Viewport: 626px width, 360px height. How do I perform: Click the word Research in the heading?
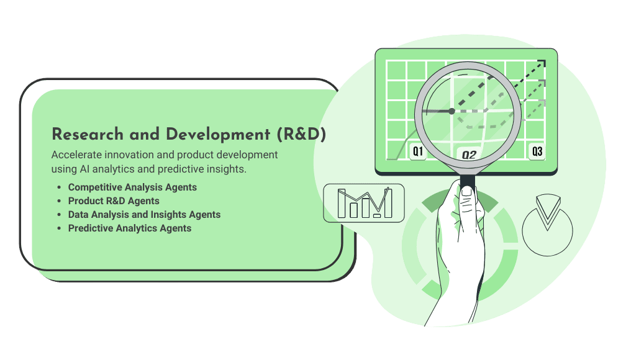coord(88,135)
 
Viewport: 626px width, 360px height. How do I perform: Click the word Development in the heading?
coord(218,135)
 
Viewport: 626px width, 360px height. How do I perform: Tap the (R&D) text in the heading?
coord(301,135)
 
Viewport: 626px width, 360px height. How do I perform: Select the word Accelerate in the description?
coord(76,155)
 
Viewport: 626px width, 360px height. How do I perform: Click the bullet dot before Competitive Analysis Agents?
coord(59,187)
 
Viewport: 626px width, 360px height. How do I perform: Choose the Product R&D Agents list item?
coord(114,201)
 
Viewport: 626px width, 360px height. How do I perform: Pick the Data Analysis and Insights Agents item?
coord(144,215)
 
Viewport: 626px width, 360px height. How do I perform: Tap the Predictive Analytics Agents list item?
coord(130,228)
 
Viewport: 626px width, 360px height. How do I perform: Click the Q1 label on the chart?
coord(417,151)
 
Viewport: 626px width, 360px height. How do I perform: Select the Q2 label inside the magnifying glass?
coord(469,155)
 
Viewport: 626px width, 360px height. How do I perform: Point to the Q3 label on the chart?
coord(537,151)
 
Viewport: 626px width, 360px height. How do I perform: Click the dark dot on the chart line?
coord(451,111)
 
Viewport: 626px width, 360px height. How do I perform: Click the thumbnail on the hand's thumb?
coord(466,192)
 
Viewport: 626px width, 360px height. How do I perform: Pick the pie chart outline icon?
coord(547,225)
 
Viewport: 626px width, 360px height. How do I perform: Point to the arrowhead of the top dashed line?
coord(542,63)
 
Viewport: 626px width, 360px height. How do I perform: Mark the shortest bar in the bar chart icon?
coord(377,215)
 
